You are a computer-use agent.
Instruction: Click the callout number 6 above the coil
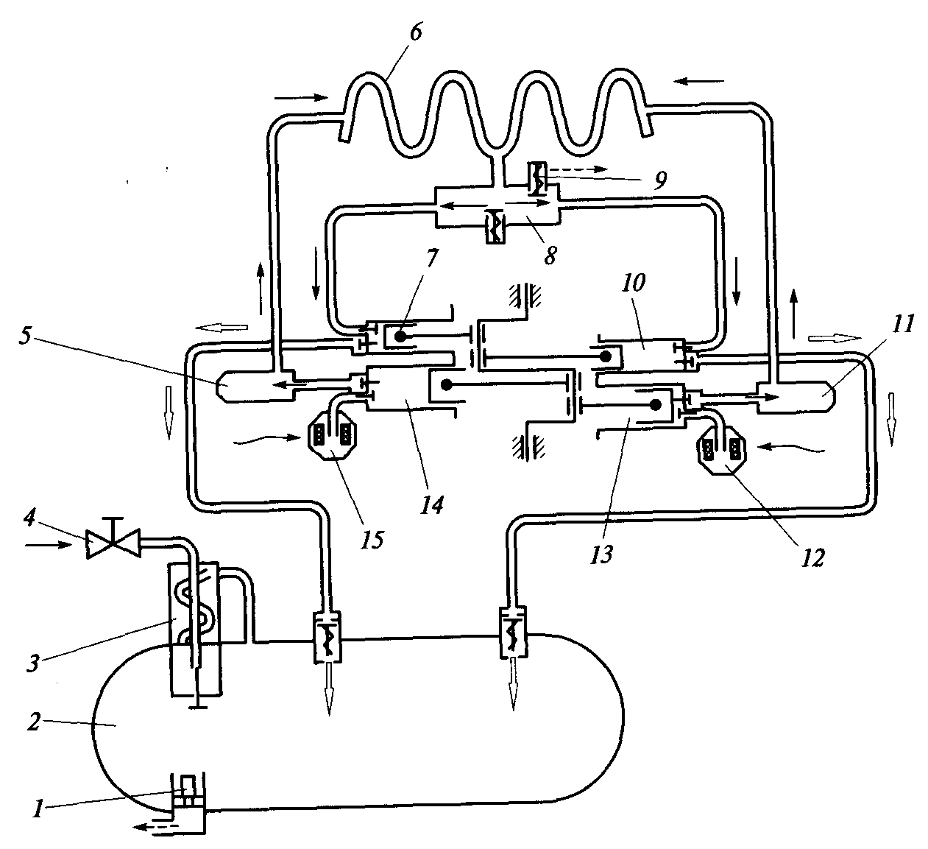pos(416,34)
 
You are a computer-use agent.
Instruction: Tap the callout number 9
pos(661,180)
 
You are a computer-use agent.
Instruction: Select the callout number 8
pos(550,255)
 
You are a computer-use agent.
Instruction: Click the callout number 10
pos(633,282)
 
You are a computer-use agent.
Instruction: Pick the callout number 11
pos(902,323)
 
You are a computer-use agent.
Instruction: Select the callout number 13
pos(602,554)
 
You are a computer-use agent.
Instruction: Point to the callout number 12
pos(812,558)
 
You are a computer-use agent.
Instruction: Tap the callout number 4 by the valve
pos(29,518)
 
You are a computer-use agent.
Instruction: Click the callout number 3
pos(32,663)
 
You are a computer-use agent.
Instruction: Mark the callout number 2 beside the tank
pos(34,722)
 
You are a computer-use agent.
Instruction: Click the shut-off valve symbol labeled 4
pos(113,542)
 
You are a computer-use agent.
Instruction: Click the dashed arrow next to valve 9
pos(577,169)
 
